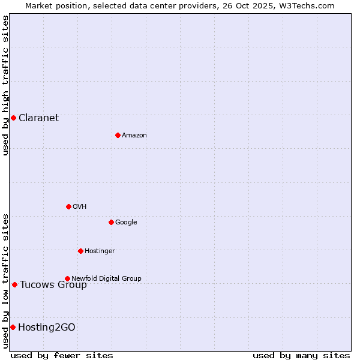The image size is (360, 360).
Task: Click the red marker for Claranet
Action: click(13, 118)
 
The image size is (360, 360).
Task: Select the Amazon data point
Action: click(118, 135)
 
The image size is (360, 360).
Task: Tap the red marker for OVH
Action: click(68, 206)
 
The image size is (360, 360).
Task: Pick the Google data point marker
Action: click(111, 222)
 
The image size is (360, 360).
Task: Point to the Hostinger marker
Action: click(80, 251)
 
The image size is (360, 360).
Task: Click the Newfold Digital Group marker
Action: click(67, 278)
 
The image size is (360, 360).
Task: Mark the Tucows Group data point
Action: click(14, 284)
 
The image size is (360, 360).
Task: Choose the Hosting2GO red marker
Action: click(13, 327)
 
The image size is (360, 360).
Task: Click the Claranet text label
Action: click(38, 118)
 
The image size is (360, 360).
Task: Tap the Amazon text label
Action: click(134, 135)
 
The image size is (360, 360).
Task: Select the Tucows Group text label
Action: click(53, 284)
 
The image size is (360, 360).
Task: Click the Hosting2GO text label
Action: click(46, 327)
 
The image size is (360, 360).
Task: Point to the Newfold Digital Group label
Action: click(106, 278)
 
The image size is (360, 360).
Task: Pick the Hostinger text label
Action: click(100, 251)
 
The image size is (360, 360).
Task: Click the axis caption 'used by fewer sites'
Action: click(62, 355)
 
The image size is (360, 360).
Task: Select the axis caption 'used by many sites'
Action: click(301, 355)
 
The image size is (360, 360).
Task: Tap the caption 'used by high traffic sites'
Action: click(5, 85)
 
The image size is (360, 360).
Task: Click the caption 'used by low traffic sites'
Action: click(5, 281)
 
